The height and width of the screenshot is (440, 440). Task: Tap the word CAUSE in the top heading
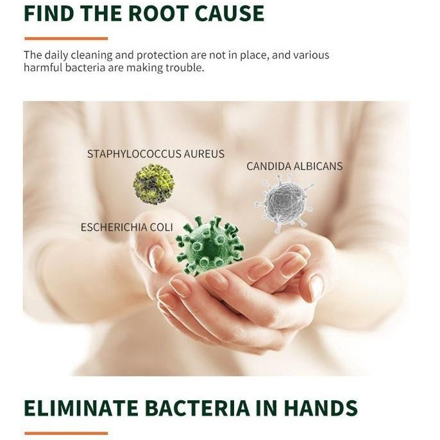[x=230, y=13]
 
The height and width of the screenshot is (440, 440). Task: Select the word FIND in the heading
[x=50, y=13]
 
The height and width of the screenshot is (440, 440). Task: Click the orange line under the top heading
[x=66, y=38]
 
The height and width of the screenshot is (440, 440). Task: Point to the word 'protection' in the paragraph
[x=162, y=55]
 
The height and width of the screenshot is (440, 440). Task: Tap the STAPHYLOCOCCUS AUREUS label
[x=156, y=154]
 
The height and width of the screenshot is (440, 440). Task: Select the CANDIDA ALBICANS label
[x=294, y=166]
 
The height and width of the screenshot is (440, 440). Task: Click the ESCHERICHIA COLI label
[x=127, y=227]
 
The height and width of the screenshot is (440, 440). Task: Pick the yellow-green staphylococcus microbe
[x=153, y=184]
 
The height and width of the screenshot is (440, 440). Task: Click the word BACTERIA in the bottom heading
[x=198, y=407]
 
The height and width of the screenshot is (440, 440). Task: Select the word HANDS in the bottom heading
[x=321, y=407]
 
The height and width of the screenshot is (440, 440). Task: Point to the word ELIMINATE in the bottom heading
[x=81, y=407]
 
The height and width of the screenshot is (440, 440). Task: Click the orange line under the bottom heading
[x=66, y=434]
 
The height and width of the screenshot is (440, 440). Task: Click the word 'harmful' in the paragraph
[x=42, y=67]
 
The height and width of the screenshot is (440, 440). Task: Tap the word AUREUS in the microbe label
[x=204, y=154]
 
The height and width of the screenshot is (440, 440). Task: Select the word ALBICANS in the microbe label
[x=318, y=166]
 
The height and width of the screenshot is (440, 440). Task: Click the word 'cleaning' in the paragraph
[x=92, y=55]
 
